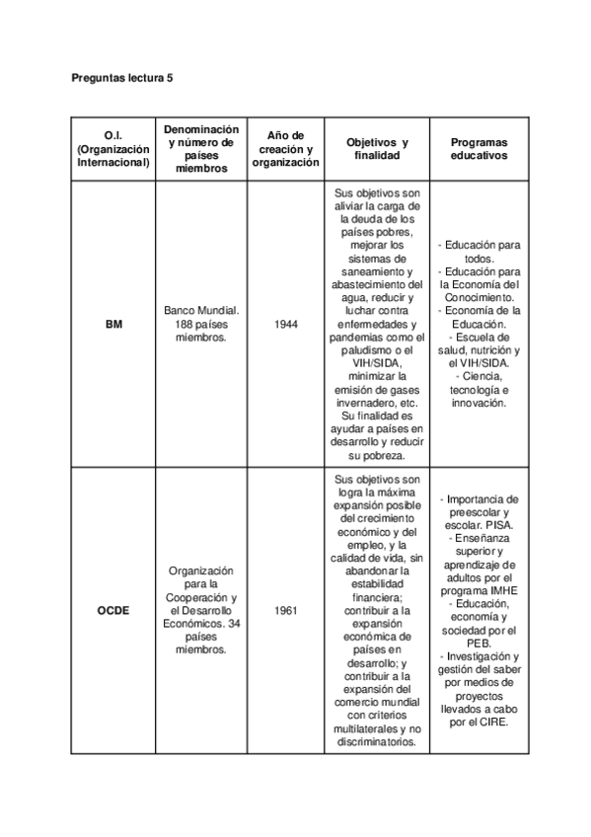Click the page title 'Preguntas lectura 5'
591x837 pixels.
(123, 76)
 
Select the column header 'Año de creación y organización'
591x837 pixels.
(286, 149)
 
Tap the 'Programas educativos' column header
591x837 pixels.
(479, 149)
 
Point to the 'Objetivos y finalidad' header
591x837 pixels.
(378, 149)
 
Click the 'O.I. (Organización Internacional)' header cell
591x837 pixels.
(113, 149)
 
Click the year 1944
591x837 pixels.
(286, 324)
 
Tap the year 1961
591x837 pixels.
(286, 610)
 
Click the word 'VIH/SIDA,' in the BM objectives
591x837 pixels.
(378, 363)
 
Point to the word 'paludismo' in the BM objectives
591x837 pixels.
(364, 350)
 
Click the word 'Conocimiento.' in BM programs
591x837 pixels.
(479, 296)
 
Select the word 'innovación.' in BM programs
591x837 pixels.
(479, 403)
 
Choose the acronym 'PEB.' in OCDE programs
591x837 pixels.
(479, 642)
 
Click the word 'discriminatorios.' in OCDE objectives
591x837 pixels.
(378, 742)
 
